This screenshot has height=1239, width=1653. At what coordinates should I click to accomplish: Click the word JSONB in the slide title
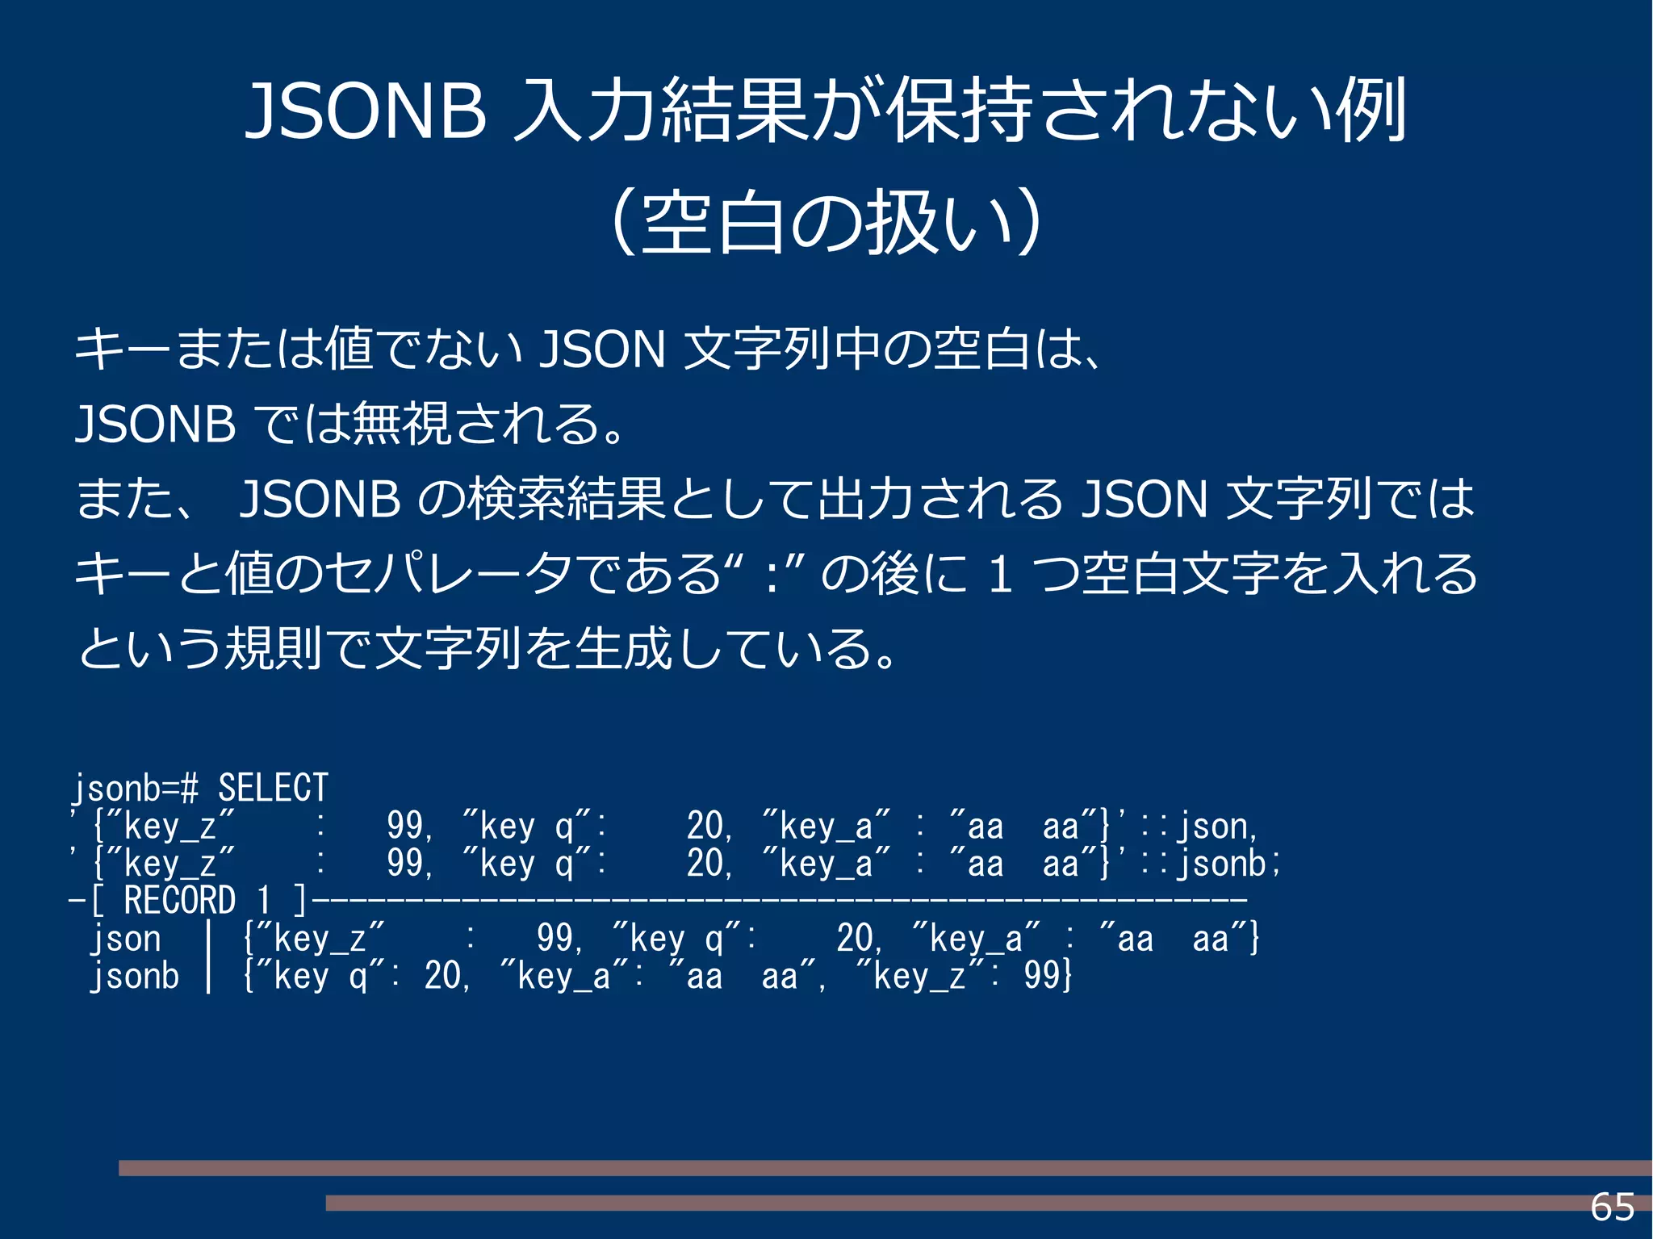click(366, 111)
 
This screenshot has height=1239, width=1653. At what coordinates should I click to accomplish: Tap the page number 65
click(1612, 1208)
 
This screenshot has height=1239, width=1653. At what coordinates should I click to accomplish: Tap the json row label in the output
click(126, 939)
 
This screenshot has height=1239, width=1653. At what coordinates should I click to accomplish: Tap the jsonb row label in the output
click(134, 976)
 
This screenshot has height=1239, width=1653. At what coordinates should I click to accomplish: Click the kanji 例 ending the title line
click(1371, 111)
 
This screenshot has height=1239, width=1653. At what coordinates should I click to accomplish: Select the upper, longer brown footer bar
click(885, 1168)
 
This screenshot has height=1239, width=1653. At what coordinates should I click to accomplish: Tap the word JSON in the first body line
click(602, 350)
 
